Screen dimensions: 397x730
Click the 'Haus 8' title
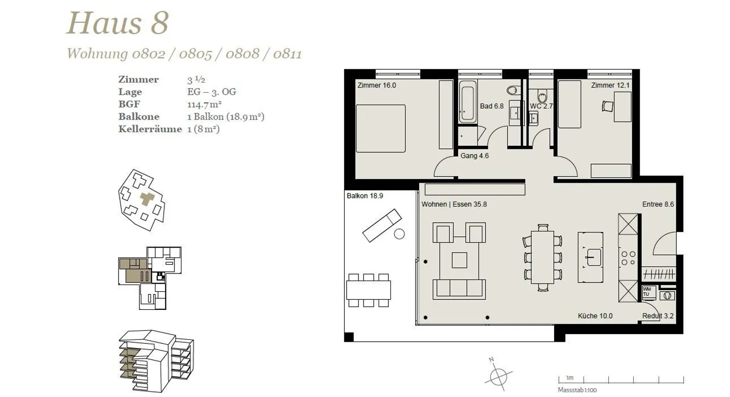[x=117, y=23]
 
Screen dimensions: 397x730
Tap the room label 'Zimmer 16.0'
[x=376, y=86]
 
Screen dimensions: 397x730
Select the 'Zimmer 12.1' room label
[x=610, y=86]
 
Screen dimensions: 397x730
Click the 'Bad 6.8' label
[x=491, y=106]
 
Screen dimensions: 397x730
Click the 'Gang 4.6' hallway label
[x=474, y=156]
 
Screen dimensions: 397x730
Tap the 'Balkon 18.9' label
[x=365, y=196]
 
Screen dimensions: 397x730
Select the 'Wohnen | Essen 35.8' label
[x=454, y=205]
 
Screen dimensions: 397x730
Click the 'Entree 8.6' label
[x=658, y=205]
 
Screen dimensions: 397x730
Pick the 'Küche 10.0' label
[x=595, y=316]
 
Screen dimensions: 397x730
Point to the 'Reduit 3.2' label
[x=658, y=316]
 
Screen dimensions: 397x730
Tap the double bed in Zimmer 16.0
[x=380, y=128]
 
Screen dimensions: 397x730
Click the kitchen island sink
[x=593, y=257]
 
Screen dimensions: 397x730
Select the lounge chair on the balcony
[x=382, y=226]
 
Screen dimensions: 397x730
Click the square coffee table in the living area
[x=459, y=260]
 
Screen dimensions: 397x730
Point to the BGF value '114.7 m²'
[x=204, y=105]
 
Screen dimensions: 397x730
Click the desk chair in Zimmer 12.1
[x=607, y=106]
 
